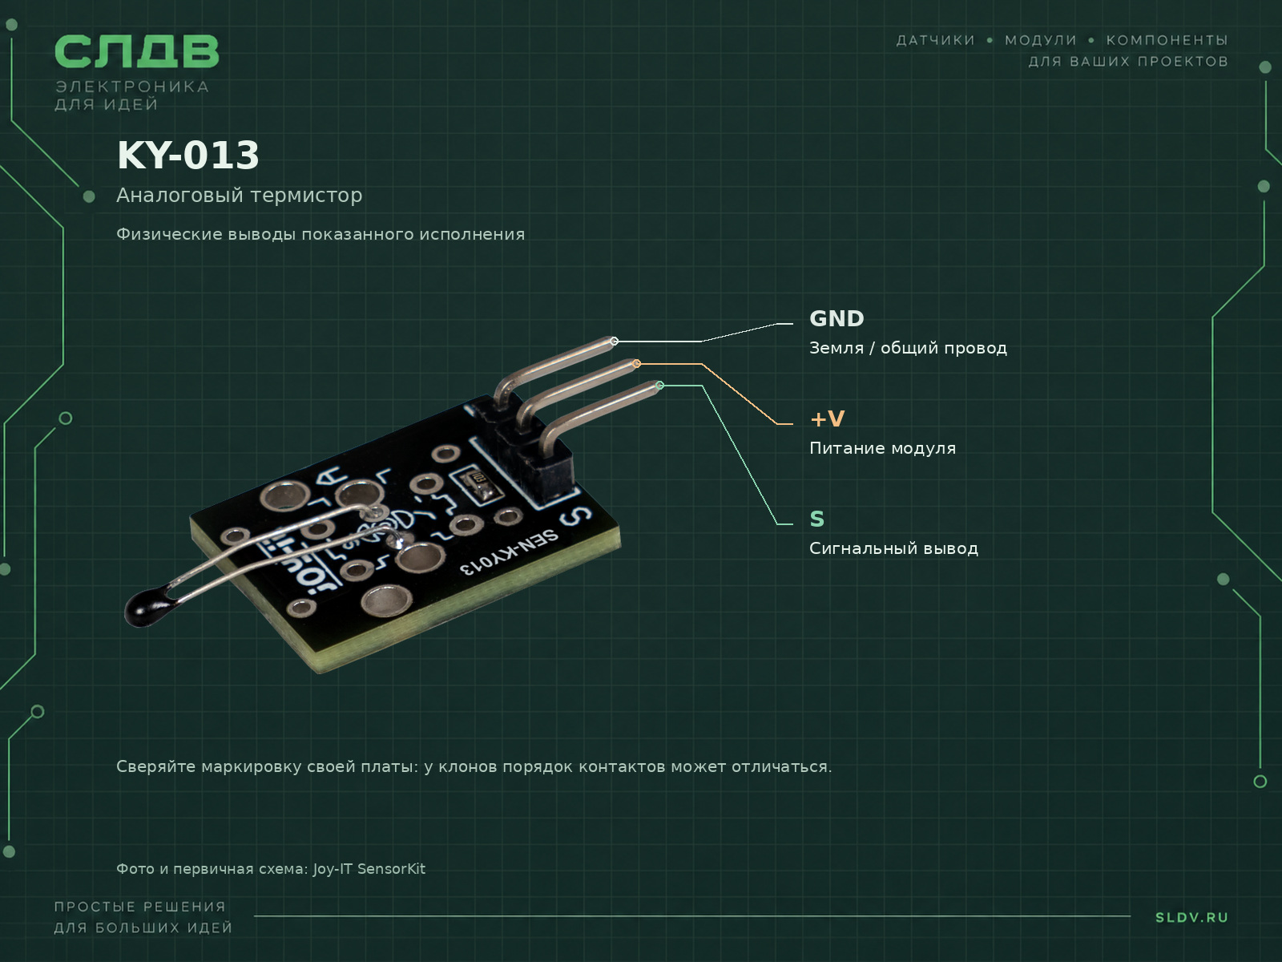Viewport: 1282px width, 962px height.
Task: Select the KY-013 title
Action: pos(188,156)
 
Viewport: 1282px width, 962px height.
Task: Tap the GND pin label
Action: pos(837,319)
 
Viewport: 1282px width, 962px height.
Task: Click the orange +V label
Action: pos(827,418)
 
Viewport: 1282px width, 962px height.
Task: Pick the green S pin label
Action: pos(816,519)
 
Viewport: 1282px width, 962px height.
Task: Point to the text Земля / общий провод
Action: pos(908,348)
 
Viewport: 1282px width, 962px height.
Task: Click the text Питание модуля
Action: pos(882,449)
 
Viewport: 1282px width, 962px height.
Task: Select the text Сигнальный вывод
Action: pos(893,548)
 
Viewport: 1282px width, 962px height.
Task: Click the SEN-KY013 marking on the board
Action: pos(510,552)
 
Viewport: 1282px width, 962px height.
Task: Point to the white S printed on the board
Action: pos(575,515)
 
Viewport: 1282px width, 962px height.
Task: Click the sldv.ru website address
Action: pos(1191,917)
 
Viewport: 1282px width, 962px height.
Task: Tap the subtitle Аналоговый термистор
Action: pos(240,195)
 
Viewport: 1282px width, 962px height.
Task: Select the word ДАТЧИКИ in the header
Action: pos(936,40)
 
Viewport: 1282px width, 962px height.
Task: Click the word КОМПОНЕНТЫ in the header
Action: pos(1167,40)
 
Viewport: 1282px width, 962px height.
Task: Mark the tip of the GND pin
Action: pos(614,342)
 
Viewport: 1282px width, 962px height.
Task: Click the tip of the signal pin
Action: pos(660,386)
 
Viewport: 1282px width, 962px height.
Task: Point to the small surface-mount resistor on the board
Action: pos(478,483)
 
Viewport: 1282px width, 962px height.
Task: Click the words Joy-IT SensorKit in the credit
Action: pos(369,869)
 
